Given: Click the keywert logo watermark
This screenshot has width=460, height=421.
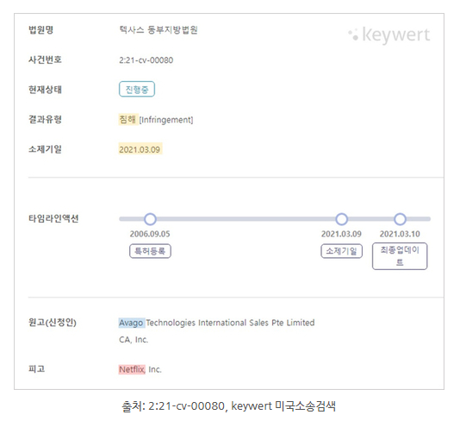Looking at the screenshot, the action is click(x=389, y=35).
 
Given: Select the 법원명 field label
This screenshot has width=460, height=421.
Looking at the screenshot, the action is click(x=40, y=29).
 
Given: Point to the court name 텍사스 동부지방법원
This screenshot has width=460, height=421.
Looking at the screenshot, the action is click(x=159, y=29).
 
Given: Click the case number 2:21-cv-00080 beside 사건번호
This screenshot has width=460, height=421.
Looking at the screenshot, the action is click(x=146, y=60).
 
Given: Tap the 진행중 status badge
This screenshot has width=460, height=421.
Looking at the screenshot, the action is click(x=137, y=89).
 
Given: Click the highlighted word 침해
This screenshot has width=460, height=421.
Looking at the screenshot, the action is click(x=127, y=119).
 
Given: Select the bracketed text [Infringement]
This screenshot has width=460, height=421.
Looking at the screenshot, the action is click(x=166, y=120).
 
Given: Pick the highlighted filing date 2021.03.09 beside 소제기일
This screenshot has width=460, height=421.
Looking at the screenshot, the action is click(x=140, y=149).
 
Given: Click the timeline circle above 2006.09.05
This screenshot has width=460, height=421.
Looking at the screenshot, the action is click(x=150, y=219).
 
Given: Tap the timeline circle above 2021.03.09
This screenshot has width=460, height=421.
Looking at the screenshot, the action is click(x=341, y=219).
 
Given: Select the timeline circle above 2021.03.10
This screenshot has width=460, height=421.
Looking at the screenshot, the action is click(x=400, y=219).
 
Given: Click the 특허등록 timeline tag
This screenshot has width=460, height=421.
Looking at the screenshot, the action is click(x=150, y=251).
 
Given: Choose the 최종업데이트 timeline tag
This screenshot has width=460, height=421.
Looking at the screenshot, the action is click(x=400, y=256).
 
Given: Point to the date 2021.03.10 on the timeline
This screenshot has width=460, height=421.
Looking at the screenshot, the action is click(x=400, y=234).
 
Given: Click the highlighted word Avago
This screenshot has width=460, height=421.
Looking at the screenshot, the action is click(x=131, y=323).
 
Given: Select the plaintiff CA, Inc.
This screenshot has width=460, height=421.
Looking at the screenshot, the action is click(x=134, y=340).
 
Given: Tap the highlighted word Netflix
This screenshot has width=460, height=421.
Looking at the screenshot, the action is click(x=132, y=369).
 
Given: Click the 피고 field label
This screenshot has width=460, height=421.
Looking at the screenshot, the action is click(x=36, y=368).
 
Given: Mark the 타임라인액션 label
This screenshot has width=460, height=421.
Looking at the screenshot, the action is click(x=53, y=218).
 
